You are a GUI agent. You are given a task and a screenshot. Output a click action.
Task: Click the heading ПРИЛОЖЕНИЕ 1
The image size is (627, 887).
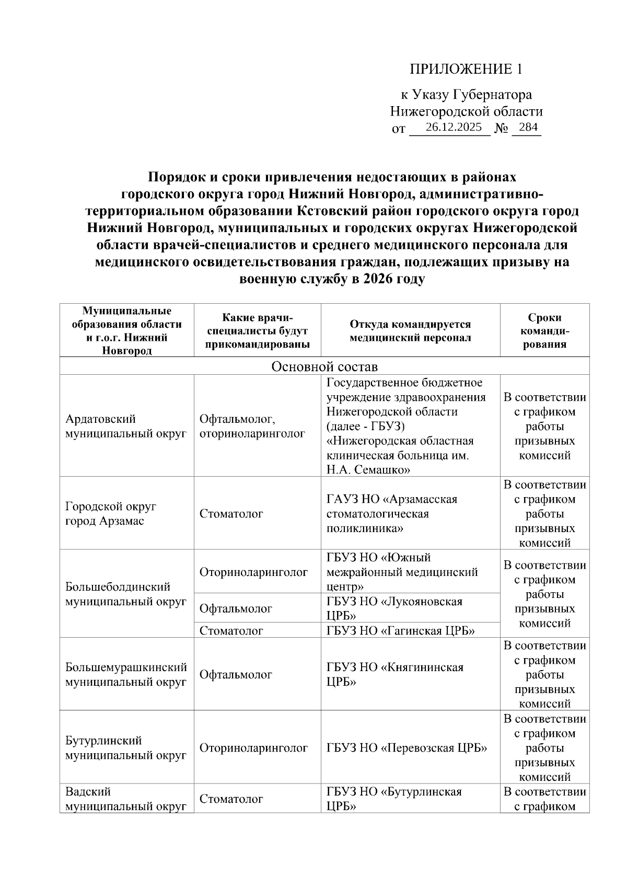tap(466, 69)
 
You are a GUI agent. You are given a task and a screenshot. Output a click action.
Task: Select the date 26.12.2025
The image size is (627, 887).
tap(454, 127)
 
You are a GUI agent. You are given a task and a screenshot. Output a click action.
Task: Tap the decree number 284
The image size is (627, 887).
tap(528, 127)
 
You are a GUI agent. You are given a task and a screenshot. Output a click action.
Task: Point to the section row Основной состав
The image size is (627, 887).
tap(324, 366)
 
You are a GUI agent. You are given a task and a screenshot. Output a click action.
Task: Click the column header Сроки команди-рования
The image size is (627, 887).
tap(544, 331)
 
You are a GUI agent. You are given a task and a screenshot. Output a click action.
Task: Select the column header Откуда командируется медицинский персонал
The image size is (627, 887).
tap(410, 331)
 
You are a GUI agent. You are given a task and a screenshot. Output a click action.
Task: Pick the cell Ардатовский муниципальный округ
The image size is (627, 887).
tap(126, 426)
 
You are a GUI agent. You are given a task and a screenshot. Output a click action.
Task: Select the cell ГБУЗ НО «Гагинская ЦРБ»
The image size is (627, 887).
tap(400, 630)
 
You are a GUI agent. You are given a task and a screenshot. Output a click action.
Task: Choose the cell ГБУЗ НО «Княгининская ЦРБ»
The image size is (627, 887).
tap(394, 674)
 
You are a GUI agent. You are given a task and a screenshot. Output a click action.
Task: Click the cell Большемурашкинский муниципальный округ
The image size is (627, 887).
tap(126, 674)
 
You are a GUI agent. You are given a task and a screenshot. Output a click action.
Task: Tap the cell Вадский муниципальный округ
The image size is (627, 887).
tap(126, 799)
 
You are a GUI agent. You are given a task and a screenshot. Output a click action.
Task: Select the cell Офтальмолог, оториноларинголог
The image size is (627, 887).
tap(252, 426)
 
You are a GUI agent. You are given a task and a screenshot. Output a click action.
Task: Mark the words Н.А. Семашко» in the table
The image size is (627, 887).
tap(368, 469)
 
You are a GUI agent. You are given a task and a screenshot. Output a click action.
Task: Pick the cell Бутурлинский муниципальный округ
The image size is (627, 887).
tap(126, 748)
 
